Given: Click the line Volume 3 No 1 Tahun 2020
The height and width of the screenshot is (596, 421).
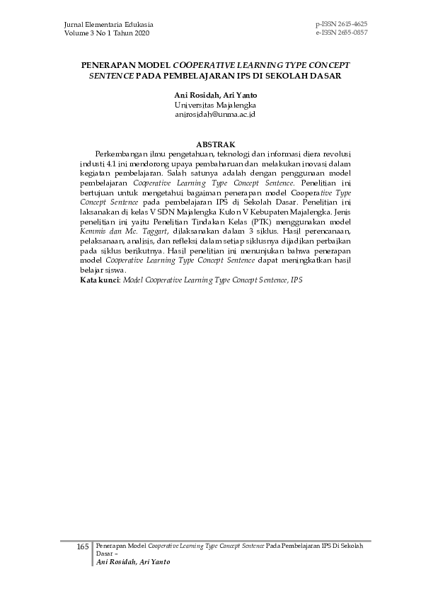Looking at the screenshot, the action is click(106, 33).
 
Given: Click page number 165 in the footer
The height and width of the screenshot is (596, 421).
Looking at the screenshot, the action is click(83, 547).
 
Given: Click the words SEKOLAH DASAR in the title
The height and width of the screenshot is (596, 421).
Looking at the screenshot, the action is click(307, 74).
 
